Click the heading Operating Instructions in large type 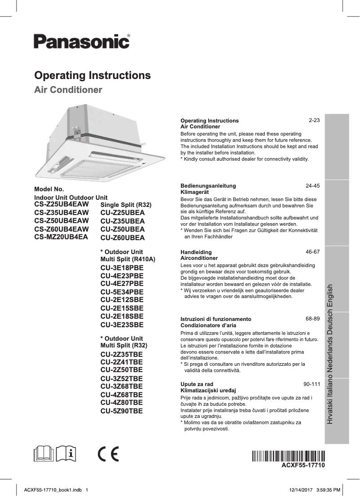point(92,75)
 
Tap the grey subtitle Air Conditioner point(68,90)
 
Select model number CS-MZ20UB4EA point(61,236)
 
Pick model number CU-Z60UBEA point(123,237)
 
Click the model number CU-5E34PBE point(122,292)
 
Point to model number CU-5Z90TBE point(122,410)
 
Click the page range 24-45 point(312,185)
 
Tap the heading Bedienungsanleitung point(208,185)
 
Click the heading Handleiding point(196,252)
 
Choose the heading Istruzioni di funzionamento point(215,319)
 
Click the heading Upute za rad point(197,385)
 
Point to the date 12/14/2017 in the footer point(298,489)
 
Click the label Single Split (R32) point(126,205)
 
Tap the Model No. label point(49,189)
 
